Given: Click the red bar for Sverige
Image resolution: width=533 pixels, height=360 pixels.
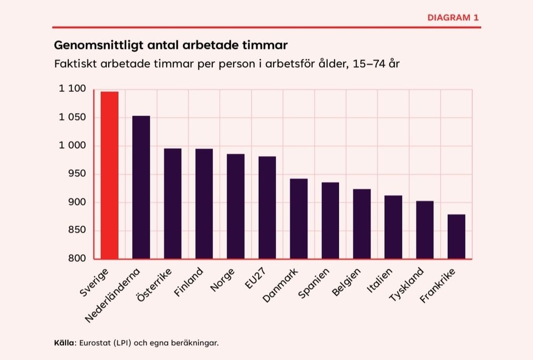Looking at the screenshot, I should point(109,175).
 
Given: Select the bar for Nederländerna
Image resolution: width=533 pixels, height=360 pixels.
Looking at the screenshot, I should point(141,187).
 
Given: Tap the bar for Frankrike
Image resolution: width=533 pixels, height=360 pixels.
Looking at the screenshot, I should point(456,236).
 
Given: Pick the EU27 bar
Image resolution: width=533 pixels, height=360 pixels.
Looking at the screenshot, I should point(267,207).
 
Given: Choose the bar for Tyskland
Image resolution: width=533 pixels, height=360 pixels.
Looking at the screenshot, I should point(425,229).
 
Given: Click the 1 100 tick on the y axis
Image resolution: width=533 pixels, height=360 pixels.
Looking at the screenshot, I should point(72,89).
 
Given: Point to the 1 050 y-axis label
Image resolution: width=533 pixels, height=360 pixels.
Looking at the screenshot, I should point(72,117).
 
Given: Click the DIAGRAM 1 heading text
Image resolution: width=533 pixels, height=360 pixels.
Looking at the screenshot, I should point(453,18).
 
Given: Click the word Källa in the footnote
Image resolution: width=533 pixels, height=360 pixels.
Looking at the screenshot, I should point(64,342).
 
